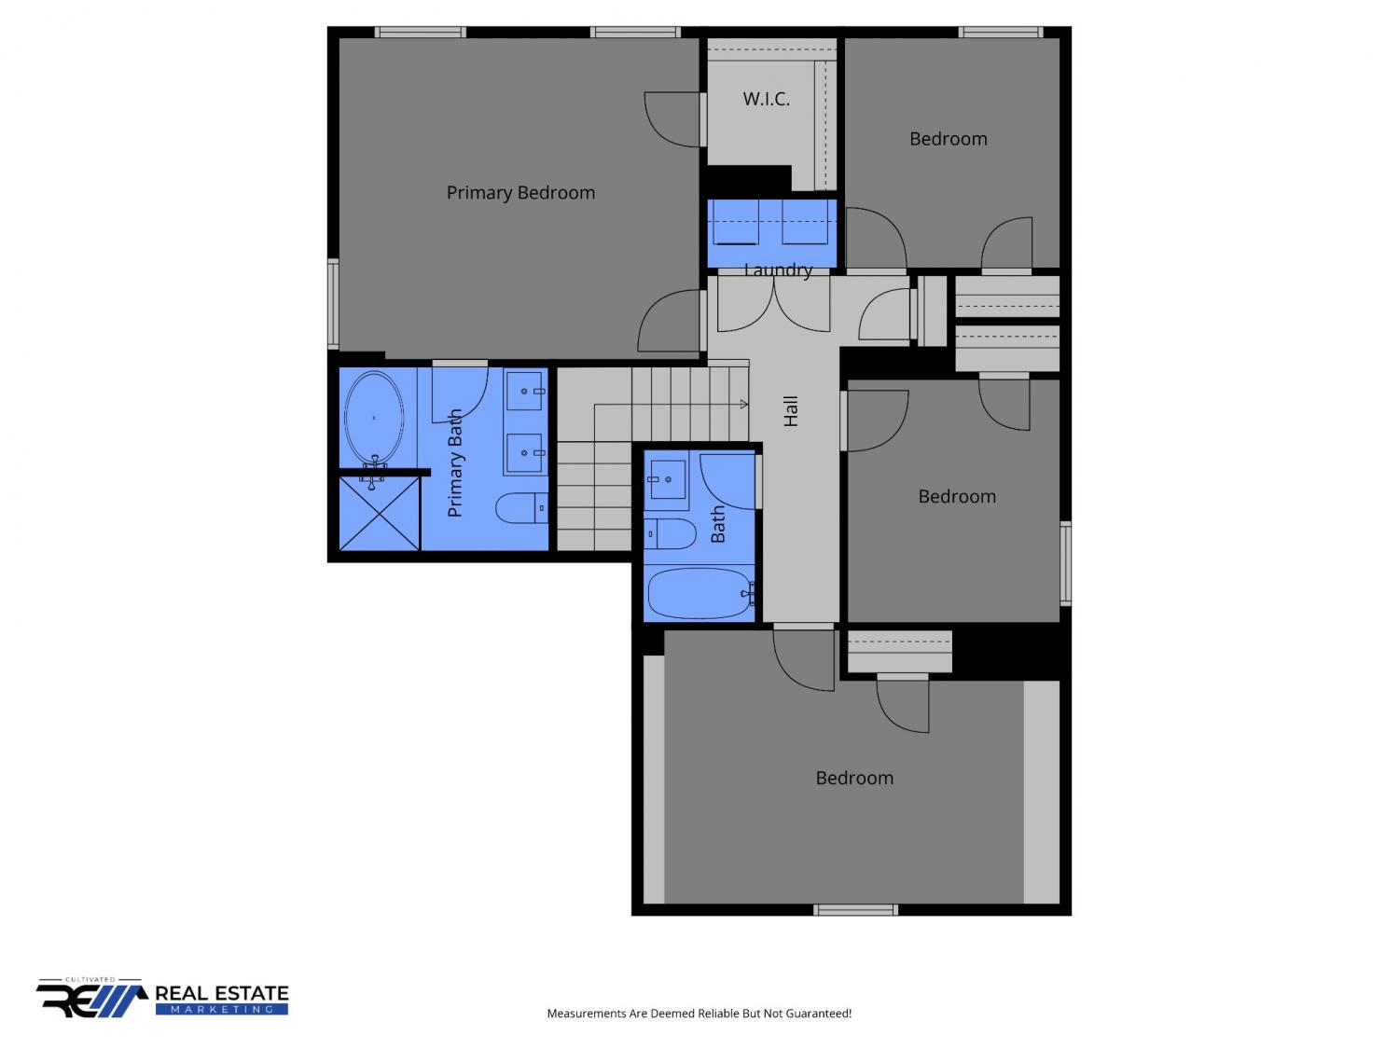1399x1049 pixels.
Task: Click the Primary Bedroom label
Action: (x=520, y=192)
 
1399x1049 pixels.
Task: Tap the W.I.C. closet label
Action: (x=766, y=99)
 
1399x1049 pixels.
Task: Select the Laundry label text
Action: (x=778, y=270)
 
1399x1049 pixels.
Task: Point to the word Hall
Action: (x=790, y=411)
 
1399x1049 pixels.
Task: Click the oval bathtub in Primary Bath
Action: (x=373, y=418)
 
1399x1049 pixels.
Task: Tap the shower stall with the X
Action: (x=380, y=514)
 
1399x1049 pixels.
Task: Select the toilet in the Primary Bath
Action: (x=521, y=508)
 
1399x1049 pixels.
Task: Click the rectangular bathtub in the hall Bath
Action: (x=699, y=592)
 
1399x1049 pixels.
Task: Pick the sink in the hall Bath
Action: (x=667, y=479)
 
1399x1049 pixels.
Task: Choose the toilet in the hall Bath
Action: (x=670, y=533)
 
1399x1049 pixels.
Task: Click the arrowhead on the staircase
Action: (x=743, y=404)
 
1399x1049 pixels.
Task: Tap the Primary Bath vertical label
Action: (x=455, y=463)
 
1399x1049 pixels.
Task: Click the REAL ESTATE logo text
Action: (x=222, y=993)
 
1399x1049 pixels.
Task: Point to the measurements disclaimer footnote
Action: (x=699, y=1013)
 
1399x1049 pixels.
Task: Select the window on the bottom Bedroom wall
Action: (x=855, y=910)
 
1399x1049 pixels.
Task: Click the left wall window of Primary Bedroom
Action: (x=333, y=303)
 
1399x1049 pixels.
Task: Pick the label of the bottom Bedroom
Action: (x=854, y=778)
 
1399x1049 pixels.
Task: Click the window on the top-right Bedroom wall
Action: (x=1001, y=32)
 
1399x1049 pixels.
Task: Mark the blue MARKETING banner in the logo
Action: (x=222, y=1010)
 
